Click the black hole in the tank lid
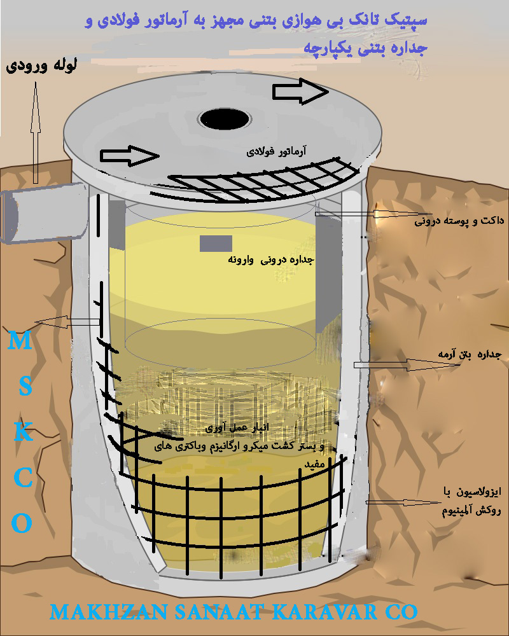(224, 119)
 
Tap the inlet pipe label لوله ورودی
(41, 66)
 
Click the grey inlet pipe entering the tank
(44, 213)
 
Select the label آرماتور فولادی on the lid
(276, 152)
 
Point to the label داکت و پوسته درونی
(459, 221)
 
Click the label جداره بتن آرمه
(470, 354)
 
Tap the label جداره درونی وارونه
(271, 259)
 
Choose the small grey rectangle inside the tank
(216, 244)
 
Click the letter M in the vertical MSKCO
(20, 341)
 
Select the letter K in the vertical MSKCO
(23, 432)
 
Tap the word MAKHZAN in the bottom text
(108, 612)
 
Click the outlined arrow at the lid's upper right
(300, 92)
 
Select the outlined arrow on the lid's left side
(130, 156)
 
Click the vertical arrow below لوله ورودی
(36, 133)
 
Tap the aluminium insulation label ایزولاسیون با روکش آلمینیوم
(471, 501)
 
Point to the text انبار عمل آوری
(237, 428)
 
